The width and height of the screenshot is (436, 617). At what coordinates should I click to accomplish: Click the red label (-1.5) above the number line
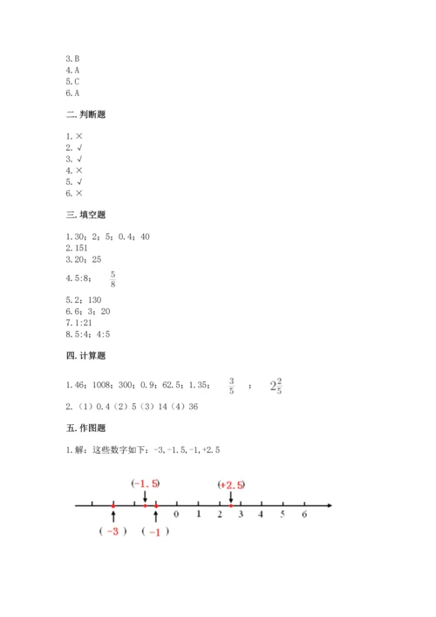point(145,483)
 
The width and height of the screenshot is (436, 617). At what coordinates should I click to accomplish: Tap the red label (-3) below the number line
point(114,531)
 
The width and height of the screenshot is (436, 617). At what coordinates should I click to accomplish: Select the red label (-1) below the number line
point(155,531)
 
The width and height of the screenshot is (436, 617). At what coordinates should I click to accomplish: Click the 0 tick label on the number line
point(177,515)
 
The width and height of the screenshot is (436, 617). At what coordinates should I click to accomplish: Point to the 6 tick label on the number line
point(304,515)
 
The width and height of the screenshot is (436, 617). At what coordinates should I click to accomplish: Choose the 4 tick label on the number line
point(262,515)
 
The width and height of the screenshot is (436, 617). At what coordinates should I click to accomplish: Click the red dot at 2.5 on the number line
point(230,504)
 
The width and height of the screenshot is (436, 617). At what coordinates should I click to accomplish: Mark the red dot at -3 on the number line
point(113,504)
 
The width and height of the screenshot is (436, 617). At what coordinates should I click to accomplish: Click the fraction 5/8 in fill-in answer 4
point(112,278)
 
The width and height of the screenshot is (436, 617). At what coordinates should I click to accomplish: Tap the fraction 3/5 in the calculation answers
point(232,384)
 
